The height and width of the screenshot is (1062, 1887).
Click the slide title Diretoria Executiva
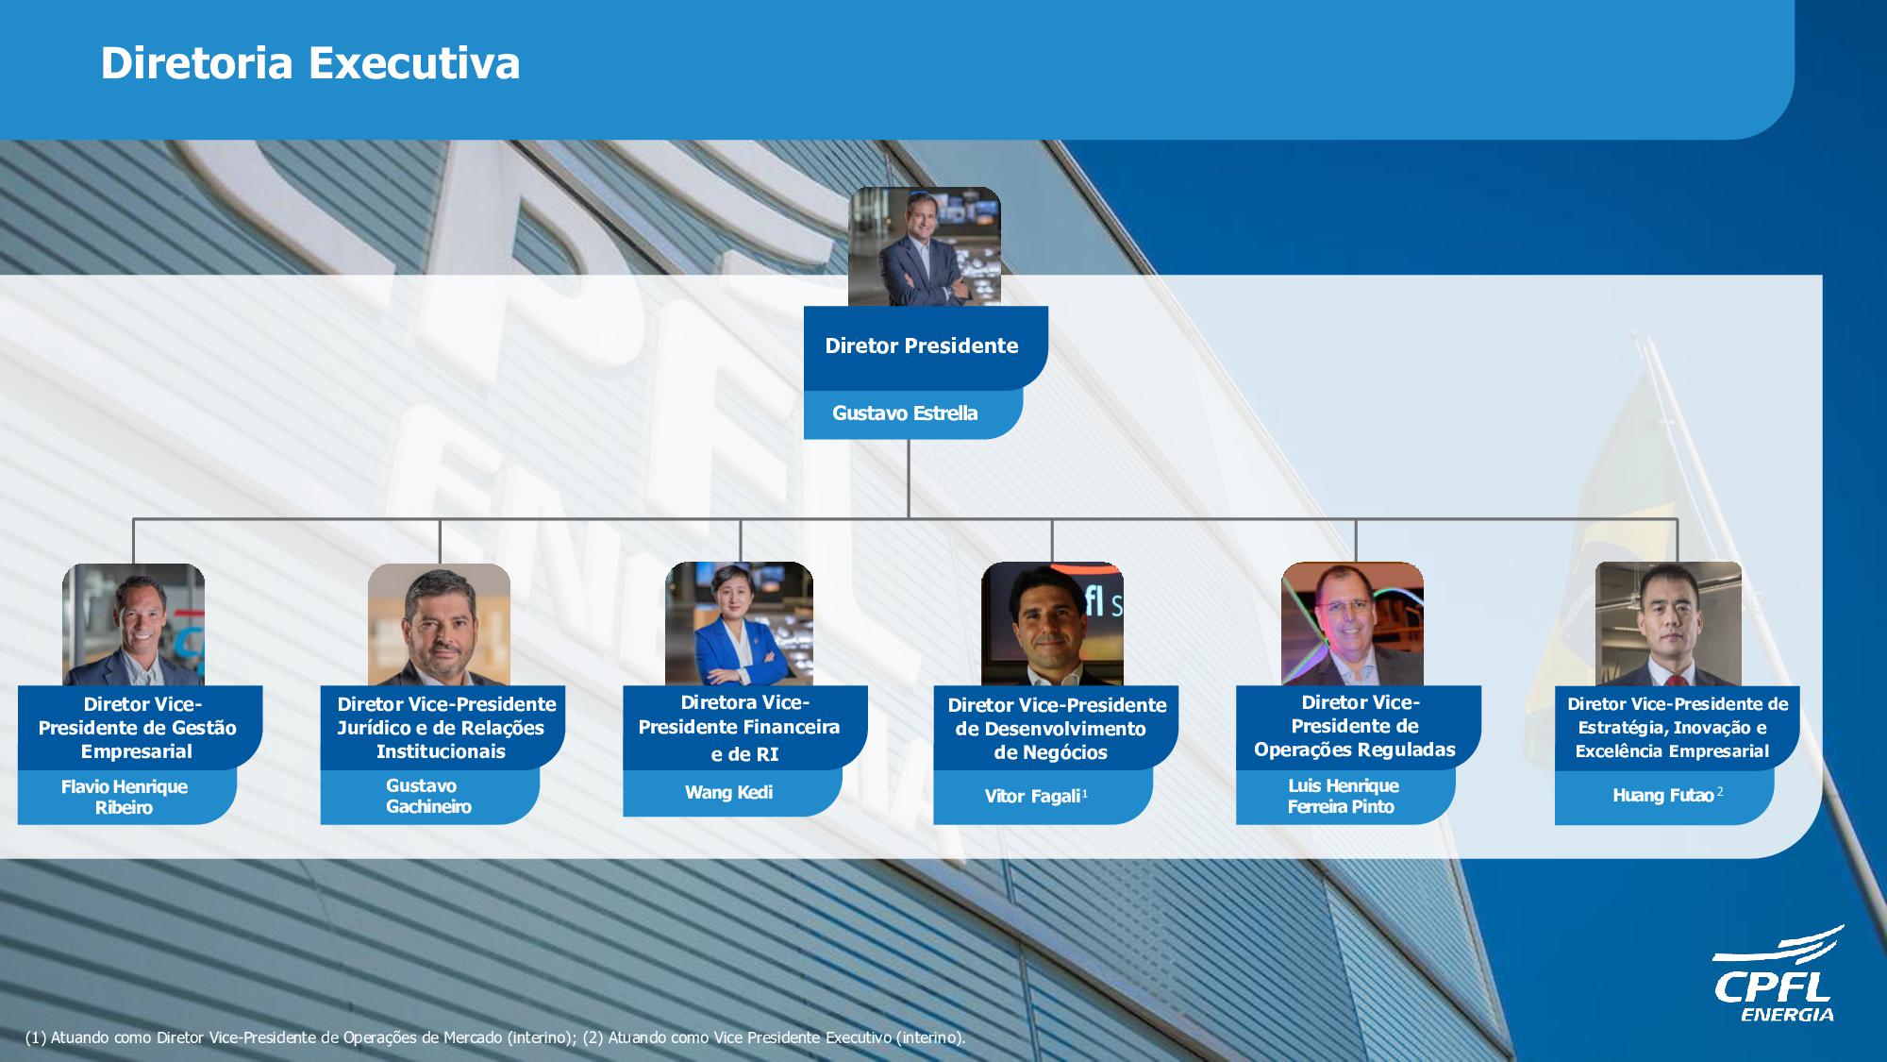pos(310,63)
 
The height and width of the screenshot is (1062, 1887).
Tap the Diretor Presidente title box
pos(926,347)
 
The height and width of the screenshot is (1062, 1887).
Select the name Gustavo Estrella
pos(905,413)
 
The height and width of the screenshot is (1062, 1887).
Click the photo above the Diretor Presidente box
pos(925,246)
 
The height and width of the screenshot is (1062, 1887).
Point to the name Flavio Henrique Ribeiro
pos(125,797)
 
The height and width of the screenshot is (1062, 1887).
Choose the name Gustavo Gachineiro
pos(428,796)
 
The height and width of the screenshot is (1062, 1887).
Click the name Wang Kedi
pos(728,792)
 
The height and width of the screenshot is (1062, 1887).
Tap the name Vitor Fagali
pos(1032,796)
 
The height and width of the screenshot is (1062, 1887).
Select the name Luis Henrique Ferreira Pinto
pos(1343,796)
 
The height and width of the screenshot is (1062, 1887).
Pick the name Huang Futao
pos(1662,795)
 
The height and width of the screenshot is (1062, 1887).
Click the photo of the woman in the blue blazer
pos(739,624)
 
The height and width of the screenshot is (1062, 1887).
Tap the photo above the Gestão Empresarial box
pos(133,625)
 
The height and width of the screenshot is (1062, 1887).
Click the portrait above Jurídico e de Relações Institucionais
pos(439,625)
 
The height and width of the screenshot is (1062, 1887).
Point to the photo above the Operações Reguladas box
pos(1352,624)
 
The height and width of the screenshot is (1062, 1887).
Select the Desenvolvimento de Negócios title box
pos(1056,728)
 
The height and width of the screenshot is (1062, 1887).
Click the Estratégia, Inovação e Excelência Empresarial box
pos(1678,728)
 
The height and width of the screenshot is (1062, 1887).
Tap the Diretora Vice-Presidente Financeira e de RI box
pos(745,728)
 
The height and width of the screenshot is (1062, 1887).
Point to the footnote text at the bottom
pos(495,1037)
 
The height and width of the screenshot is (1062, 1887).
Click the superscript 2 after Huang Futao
pos(1720,791)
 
